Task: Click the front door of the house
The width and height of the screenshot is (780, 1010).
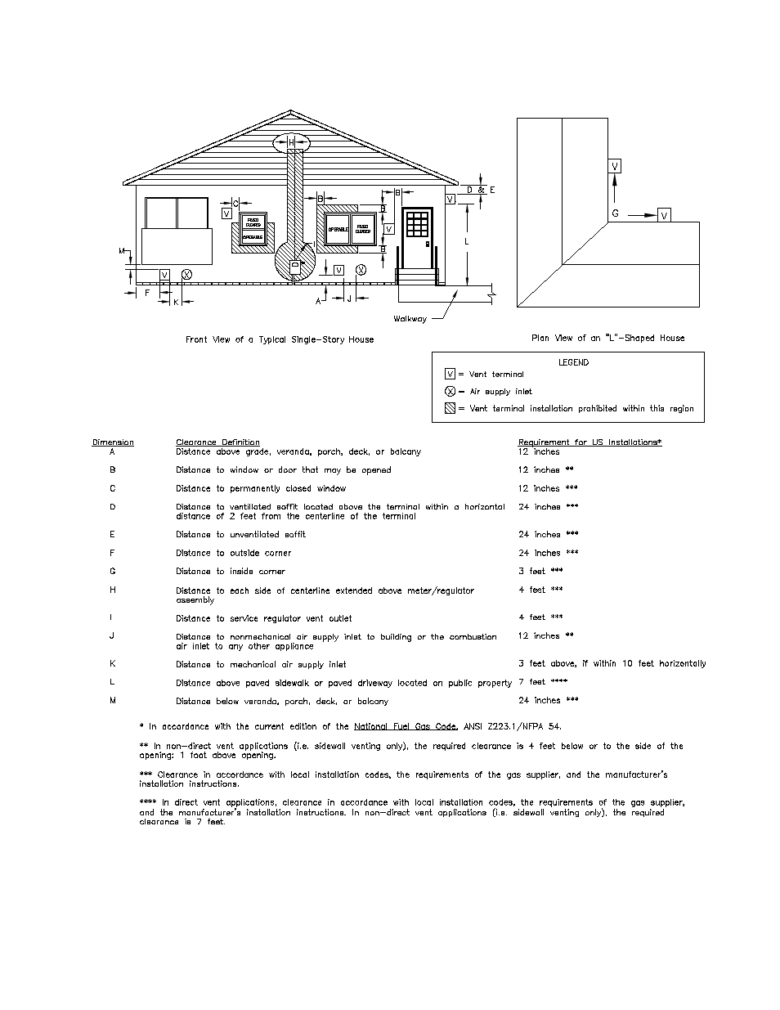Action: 417,237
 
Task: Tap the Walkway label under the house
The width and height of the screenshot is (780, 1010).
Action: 410,319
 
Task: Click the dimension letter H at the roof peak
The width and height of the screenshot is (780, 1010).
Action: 291,142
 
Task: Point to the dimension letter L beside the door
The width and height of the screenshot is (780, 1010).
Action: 466,242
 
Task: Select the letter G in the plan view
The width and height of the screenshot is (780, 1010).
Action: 615,213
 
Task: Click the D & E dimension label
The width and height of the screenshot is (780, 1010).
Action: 481,190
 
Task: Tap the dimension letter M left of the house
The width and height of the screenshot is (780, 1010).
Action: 122,250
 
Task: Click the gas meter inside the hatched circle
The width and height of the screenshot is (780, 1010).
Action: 295,264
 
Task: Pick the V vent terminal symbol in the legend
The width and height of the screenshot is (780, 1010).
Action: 450,374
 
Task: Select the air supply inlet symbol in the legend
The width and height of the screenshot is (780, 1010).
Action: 450,391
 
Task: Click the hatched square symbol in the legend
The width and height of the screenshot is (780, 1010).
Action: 450,408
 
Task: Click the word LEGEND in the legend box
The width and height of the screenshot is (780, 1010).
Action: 573,362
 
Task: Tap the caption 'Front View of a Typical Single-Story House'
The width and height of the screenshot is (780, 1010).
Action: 280,339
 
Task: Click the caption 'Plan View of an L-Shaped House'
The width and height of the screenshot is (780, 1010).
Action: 607,338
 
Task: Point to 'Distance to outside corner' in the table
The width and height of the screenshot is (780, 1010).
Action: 233,553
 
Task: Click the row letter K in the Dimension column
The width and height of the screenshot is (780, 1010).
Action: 113,663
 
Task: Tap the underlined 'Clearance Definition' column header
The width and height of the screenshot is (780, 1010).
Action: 217,442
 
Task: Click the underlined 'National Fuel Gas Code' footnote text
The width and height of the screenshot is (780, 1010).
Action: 405,726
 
